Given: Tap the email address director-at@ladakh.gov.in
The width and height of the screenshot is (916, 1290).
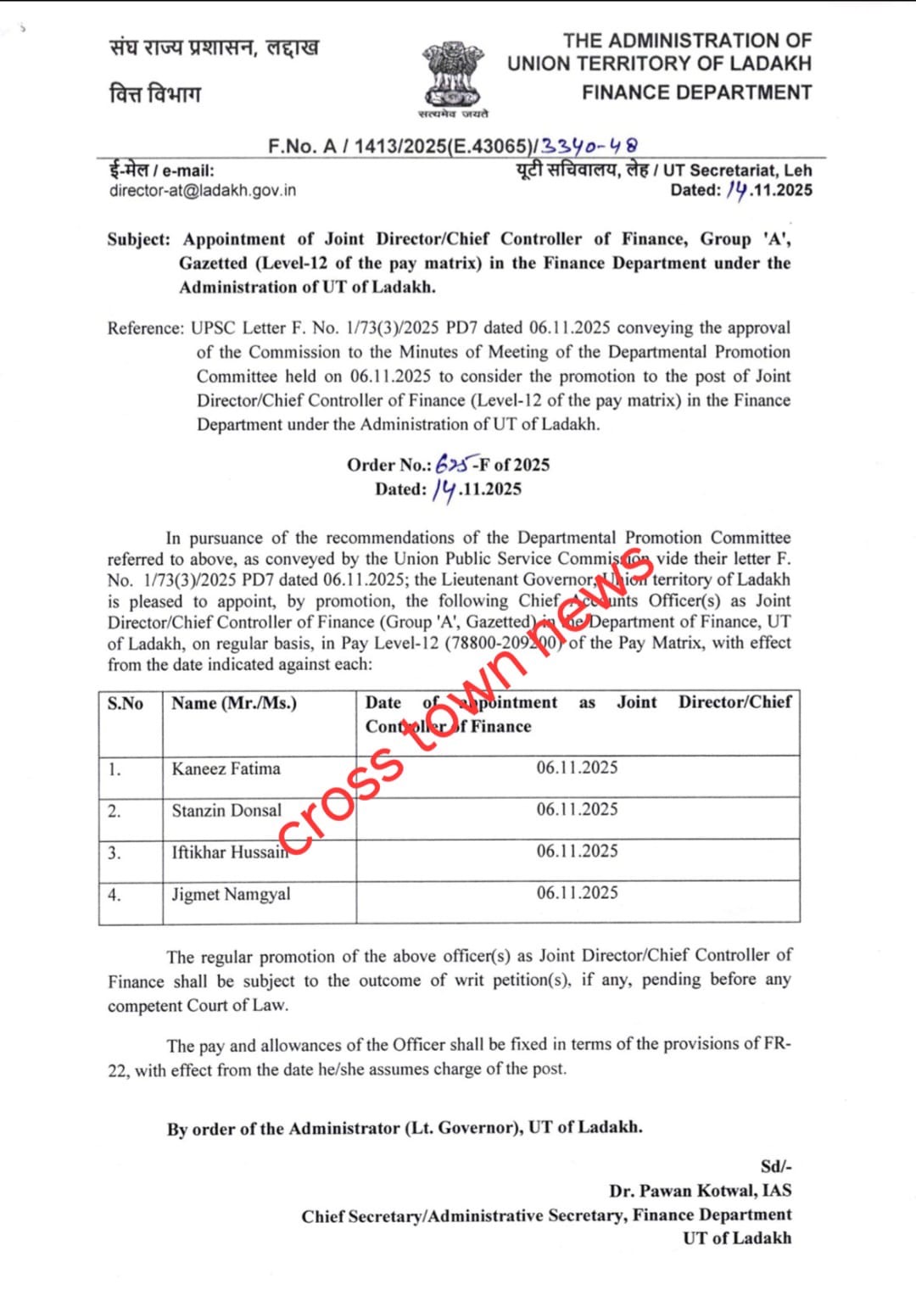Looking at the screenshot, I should point(203,190).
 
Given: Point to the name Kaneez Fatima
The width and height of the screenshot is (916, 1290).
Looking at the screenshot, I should point(226,768).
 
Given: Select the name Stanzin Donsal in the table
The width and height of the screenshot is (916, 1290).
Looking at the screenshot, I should point(226,810).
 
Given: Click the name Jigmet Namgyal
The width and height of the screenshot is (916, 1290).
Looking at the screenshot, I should point(231,894).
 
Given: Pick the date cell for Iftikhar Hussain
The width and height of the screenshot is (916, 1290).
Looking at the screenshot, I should point(577,851).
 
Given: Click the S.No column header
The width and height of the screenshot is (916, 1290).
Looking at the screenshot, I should point(126,703).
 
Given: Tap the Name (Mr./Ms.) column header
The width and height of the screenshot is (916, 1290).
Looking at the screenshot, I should point(234,703).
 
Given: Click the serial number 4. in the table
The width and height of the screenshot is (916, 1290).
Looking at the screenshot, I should point(114,894).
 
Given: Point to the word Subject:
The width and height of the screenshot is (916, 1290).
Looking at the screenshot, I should point(138,239).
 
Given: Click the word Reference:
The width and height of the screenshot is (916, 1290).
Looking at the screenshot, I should point(145,328).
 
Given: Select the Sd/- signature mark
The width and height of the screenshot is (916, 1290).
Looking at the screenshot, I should point(776,1166).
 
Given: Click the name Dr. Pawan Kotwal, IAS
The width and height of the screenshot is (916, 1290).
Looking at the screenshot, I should point(700,1191).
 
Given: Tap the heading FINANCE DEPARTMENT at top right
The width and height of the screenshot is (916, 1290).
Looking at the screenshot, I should point(696,92).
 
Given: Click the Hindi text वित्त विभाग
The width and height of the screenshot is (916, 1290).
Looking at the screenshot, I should point(155,93).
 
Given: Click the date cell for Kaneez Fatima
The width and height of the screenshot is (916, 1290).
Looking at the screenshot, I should point(577,768).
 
